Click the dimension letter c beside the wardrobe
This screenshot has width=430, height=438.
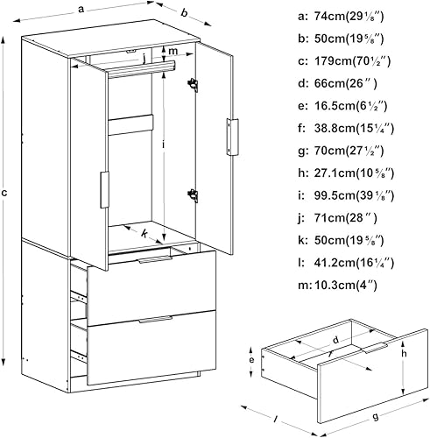[x=4, y=193]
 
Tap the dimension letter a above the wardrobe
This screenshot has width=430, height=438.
[x=81, y=9]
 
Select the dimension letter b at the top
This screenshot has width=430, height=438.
[x=184, y=12]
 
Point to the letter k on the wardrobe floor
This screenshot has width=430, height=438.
[x=145, y=233]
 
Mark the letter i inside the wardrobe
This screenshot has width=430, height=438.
[x=164, y=145]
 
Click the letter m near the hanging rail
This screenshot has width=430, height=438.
[x=173, y=51]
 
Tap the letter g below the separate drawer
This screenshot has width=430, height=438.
[x=376, y=416]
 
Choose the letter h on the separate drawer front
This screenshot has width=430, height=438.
[x=404, y=353]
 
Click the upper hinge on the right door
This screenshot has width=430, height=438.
[x=193, y=85]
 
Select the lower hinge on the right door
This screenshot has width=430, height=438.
[x=193, y=195]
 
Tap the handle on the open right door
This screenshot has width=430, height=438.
[x=232, y=138]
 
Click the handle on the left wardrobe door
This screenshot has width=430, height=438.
[x=104, y=190]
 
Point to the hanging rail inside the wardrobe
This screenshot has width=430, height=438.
[x=142, y=70]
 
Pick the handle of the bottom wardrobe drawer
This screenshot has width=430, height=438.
[x=156, y=319]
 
